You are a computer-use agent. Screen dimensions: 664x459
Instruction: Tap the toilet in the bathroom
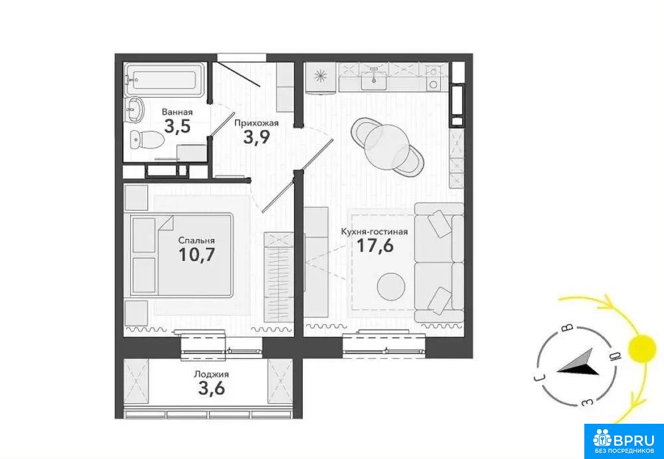146,139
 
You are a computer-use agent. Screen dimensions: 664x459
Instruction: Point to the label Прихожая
256,124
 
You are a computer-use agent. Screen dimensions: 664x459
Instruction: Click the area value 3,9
256,138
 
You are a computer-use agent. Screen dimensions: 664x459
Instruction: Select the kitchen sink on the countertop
373,80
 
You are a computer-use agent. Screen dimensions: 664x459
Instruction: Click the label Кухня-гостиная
374,232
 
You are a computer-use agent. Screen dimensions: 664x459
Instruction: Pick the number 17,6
375,246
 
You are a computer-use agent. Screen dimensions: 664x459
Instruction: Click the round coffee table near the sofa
391,286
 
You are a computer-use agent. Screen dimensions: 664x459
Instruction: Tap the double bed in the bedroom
182,255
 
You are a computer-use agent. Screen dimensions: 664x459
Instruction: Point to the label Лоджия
211,374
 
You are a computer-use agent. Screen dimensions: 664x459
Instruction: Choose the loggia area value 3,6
211,389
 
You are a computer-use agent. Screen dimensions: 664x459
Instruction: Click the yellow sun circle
641,349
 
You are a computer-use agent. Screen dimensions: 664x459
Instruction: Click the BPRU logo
624,441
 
